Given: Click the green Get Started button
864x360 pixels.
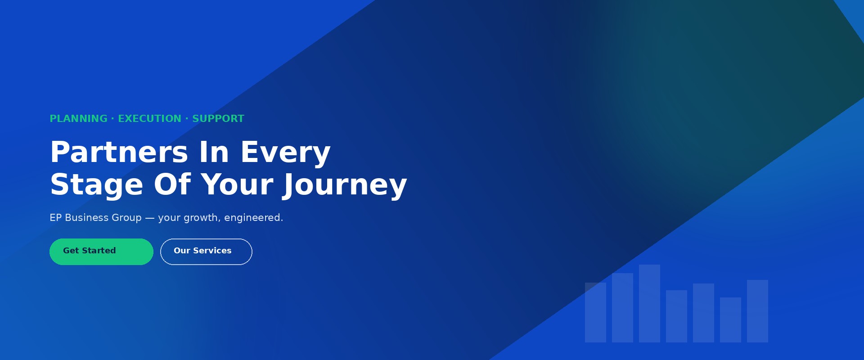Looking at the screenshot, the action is click(x=101, y=252).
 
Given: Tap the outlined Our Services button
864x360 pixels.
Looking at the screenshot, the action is click(x=206, y=252).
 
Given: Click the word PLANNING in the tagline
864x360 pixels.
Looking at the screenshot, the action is click(x=78, y=119).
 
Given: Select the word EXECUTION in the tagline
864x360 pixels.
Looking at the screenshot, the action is click(x=149, y=119).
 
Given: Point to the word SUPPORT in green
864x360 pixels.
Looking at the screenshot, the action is click(x=218, y=119).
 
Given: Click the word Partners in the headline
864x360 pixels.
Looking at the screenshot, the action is click(x=119, y=152).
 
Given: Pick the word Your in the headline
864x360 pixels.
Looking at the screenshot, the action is click(x=237, y=184).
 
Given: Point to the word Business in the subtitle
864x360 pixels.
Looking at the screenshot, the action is click(x=86, y=218).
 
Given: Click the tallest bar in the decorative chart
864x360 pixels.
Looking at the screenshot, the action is click(x=649, y=303).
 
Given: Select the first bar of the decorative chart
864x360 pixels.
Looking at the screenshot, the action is click(x=595, y=312).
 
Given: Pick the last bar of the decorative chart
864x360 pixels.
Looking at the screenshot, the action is click(x=757, y=311).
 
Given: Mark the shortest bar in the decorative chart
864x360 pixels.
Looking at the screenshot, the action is click(x=730, y=320).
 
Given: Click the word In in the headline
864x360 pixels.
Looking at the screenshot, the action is click(x=214, y=152).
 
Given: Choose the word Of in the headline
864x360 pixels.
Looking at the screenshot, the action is click(x=172, y=184).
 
